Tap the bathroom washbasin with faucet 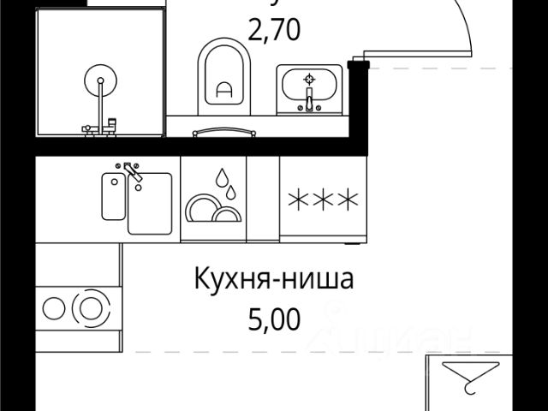tap(309, 90)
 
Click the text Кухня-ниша tap(273, 280)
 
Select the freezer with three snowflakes tap(323, 200)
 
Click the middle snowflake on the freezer tap(323, 200)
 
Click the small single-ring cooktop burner tap(53, 307)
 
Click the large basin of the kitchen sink tap(150, 204)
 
